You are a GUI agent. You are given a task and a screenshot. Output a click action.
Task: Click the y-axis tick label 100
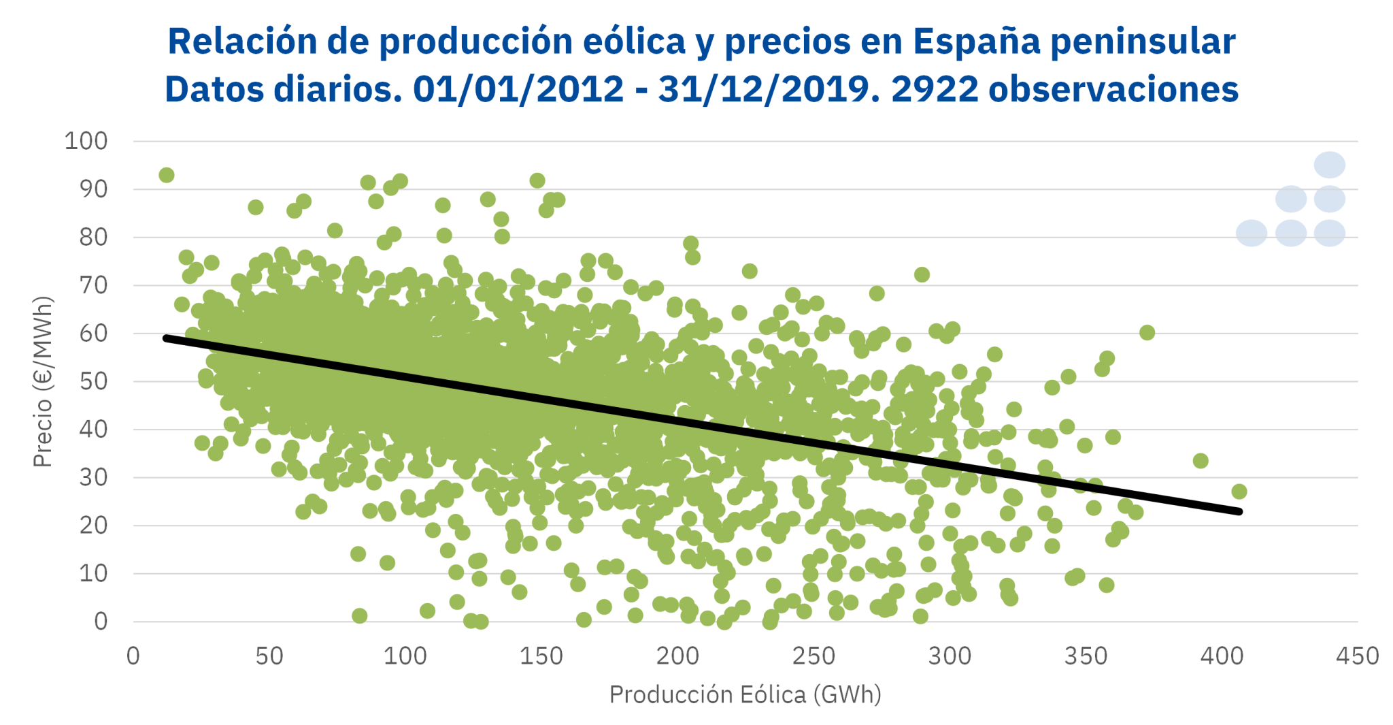pyautogui.click(x=86, y=141)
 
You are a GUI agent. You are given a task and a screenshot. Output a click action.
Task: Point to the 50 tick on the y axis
pyautogui.click(x=93, y=381)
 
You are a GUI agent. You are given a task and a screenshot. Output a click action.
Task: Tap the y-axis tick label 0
pyautogui.click(x=101, y=621)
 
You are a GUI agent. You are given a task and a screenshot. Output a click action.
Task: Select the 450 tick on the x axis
pyautogui.click(x=1358, y=656)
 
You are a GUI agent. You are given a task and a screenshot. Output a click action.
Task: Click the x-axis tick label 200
pyautogui.click(x=677, y=656)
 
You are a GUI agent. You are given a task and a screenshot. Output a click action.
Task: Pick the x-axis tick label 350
pyautogui.click(x=1086, y=656)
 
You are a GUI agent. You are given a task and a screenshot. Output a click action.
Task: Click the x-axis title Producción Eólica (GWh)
pyautogui.click(x=745, y=694)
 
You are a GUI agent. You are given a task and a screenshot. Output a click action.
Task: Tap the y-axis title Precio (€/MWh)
pyautogui.click(x=42, y=381)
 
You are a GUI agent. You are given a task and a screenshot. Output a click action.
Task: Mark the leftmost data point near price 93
pyautogui.click(x=167, y=175)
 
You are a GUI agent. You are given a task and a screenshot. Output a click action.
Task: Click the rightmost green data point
pyautogui.click(x=1239, y=492)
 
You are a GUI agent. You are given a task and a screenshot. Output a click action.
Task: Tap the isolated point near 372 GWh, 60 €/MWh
pyautogui.click(x=1147, y=332)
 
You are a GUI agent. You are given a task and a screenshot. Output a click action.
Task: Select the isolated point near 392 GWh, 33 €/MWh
pyautogui.click(x=1201, y=461)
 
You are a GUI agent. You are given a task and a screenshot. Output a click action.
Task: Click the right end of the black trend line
pyautogui.click(x=1239, y=511)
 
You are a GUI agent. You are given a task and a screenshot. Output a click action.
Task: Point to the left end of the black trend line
pyautogui.click(x=166, y=338)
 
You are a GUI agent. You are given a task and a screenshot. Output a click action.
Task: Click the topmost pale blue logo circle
pyautogui.click(x=1329, y=165)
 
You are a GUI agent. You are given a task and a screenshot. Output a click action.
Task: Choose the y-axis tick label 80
pyautogui.click(x=93, y=237)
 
